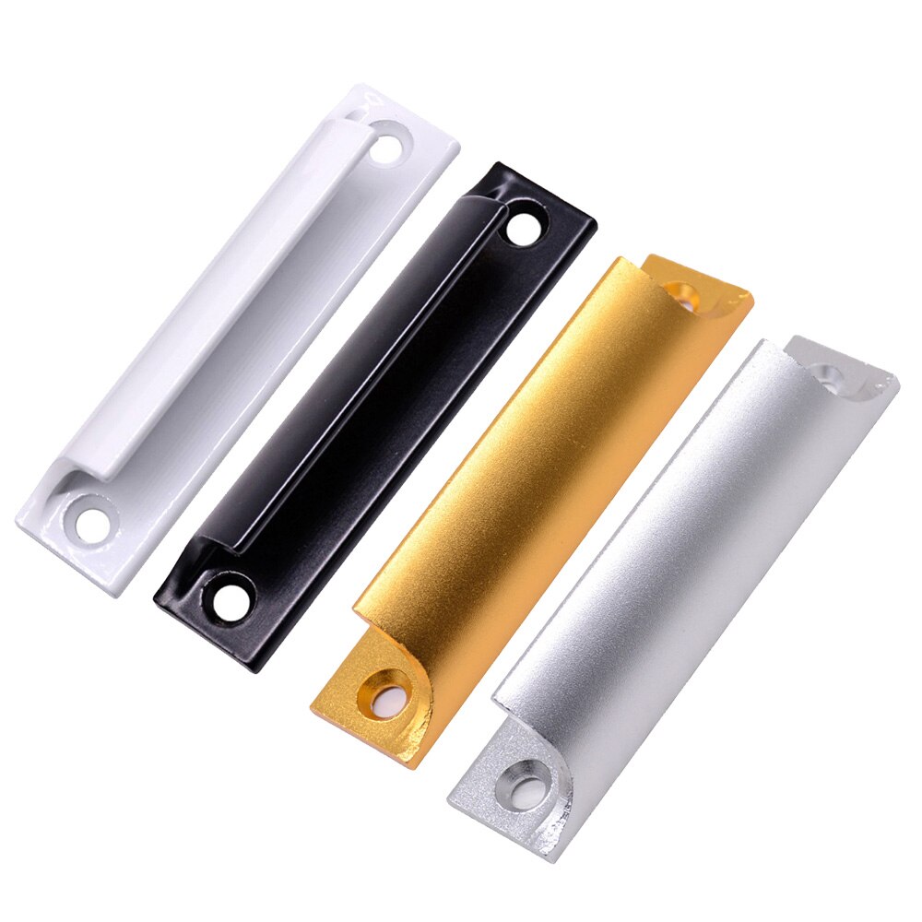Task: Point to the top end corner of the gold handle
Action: point(751,298)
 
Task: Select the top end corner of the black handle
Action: point(595,221)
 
